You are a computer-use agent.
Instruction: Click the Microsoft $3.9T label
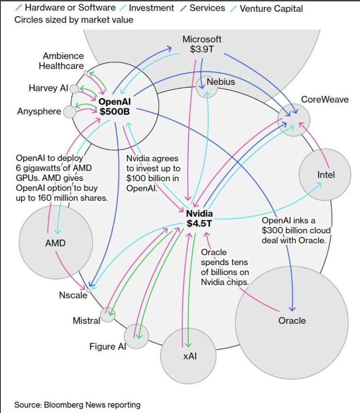click(202, 44)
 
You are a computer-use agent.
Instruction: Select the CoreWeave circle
click(294, 119)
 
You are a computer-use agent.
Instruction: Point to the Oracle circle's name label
click(292, 321)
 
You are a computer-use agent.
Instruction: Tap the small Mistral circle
click(108, 315)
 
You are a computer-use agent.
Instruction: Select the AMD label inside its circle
click(55, 243)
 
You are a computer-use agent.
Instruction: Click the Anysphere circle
click(70, 112)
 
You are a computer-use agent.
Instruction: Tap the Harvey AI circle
click(74, 89)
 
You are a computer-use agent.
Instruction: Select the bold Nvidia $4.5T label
click(199, 218)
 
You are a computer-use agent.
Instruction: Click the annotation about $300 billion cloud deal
click(296, 230)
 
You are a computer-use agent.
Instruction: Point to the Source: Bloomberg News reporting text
click(77, 405)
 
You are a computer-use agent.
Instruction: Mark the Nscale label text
click(73, 295)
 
